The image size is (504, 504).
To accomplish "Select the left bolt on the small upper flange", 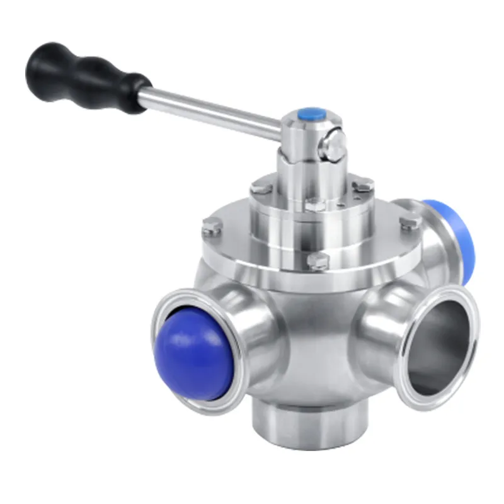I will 260,186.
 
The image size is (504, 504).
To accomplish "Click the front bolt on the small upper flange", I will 315,205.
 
